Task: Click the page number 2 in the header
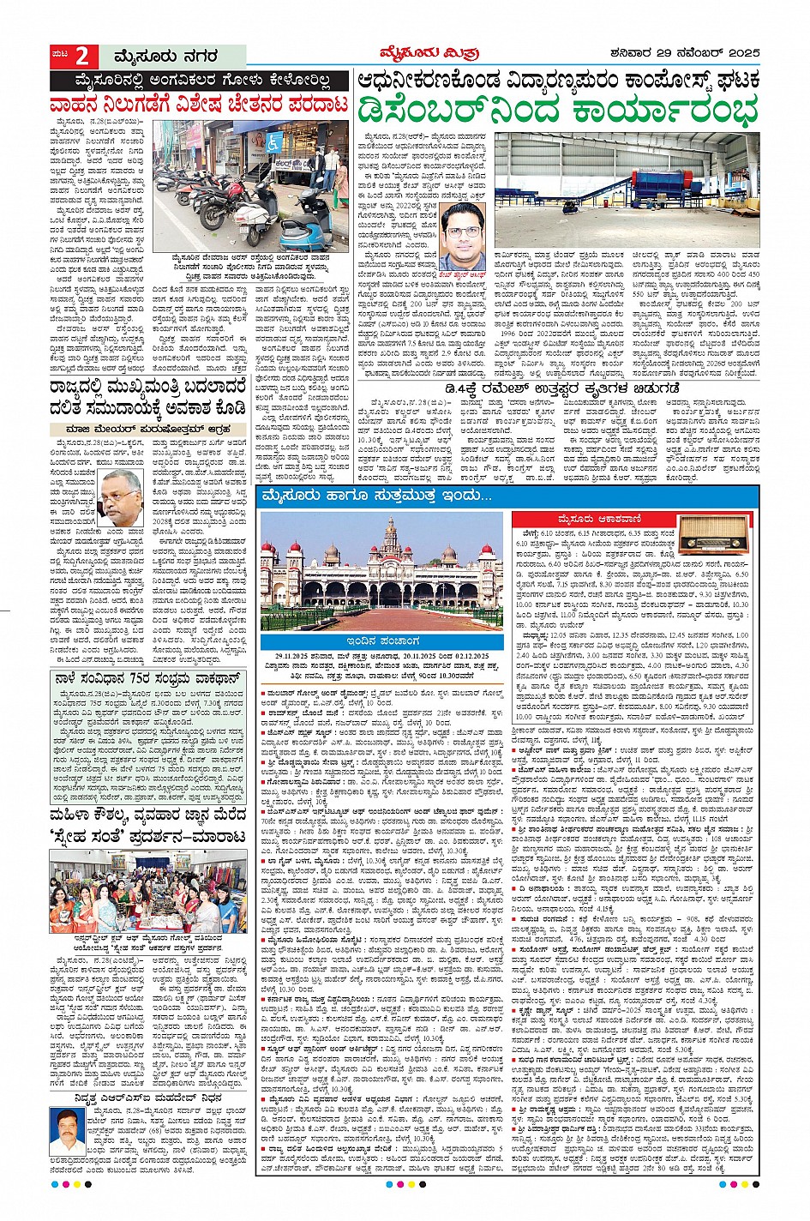click(82, 57)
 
